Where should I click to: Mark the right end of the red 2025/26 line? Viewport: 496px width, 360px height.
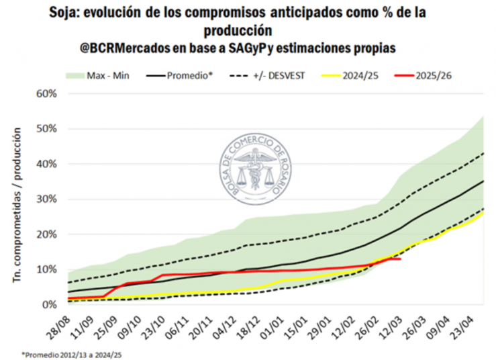pyautogui.click(x=401, y=259)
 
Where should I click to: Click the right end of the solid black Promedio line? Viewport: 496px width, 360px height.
pyautogui.click(x=483, y=181)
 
